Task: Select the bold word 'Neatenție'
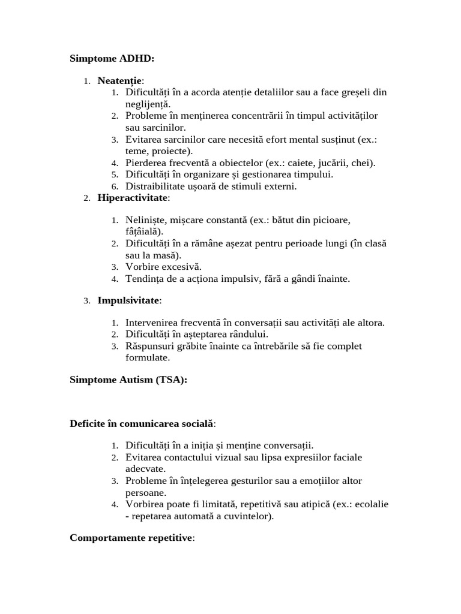pyautogui.click(x=120, y=81)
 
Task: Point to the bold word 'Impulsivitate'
pyautogui.click(x=128, y=300)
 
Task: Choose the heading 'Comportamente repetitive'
pyautogui.click(x=131, y=537)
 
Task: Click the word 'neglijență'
pyautogui.click(x=148, y=104)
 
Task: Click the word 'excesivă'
pyautogui.click(x=181, y=267)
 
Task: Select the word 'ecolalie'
pyautogui.click(x=372, y=504)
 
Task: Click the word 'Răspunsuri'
pyautogui.click(x=150, y=346)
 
